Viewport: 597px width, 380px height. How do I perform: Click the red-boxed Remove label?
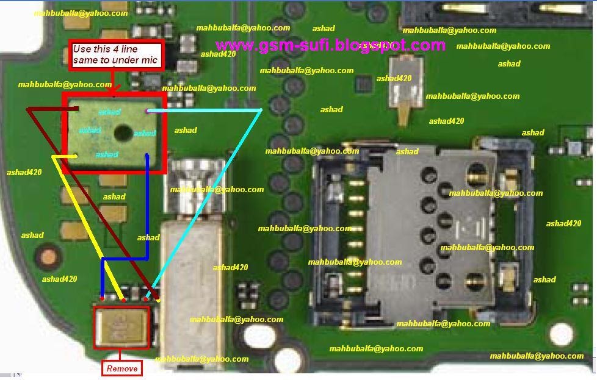click(121, 368)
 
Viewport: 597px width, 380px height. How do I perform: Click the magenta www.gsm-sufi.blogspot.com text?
click(330, 45)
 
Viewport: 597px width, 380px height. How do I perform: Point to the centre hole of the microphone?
click(123, 132)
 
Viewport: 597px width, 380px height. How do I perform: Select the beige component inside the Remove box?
click(122, 326)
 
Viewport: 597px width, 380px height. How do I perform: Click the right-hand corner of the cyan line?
click(261, 110)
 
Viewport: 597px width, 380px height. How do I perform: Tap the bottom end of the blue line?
click(103, 298)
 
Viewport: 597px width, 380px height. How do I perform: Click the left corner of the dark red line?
click(27, 109)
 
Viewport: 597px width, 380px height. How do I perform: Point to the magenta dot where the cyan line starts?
click(147, 111)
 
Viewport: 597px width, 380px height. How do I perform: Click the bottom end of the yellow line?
click(124, 299)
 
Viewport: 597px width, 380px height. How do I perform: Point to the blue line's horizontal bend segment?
click(125, 259)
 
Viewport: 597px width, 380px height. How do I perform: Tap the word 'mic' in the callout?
click(150, 60)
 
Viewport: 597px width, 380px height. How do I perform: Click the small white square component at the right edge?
click(575, 148)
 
